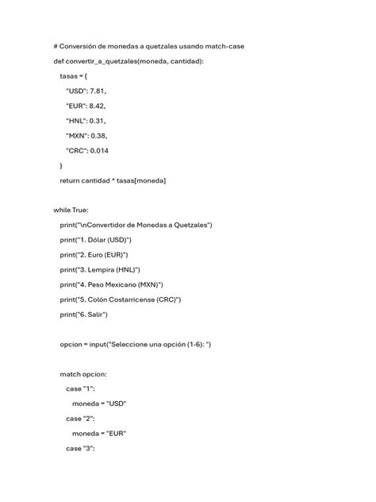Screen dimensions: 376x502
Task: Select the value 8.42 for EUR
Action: (97, 106)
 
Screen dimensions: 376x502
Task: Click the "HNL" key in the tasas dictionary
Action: (76, 121)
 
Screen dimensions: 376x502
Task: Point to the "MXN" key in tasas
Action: (77, 135)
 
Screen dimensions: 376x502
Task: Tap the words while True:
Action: (71, 210)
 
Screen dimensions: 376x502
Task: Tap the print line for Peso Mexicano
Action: (112, 285)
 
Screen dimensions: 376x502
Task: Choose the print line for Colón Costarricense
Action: (121, 299)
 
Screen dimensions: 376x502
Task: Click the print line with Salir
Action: (83, 315)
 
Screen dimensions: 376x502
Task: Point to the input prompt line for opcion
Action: (136, 345)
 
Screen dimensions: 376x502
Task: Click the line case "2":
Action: (80, 419)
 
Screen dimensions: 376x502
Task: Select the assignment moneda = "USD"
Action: (99, 404)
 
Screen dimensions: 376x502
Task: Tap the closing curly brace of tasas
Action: (62, 165)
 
